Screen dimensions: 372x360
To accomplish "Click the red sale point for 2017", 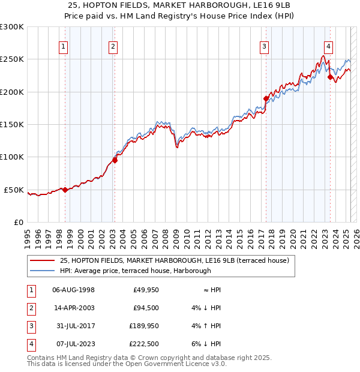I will tap(266, 98).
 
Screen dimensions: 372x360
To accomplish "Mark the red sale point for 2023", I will tap(329, 77).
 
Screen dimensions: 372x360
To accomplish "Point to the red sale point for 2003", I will tap(115, 160).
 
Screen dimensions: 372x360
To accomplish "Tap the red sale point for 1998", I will tap(65, 190).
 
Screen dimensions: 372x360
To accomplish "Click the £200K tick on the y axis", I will tap(12, 92).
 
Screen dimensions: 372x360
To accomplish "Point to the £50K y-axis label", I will tap(14, 190).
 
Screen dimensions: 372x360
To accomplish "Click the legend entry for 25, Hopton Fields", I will tap(175, 260).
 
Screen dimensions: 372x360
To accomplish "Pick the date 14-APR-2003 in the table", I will tap(73, 308).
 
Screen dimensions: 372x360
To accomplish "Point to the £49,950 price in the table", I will tap(143, 290).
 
